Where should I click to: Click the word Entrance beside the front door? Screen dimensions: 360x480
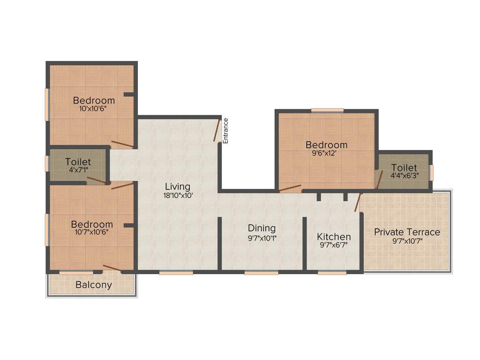[x=225, y=130]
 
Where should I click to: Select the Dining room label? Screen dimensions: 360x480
[x=262, y=228]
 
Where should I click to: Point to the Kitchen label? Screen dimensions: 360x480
[x=334, y=236]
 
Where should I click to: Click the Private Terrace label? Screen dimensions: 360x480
[x=407, y=232]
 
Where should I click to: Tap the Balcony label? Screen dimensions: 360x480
[x=94, y=285]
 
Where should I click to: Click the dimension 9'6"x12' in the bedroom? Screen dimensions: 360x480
[x=326, y=153]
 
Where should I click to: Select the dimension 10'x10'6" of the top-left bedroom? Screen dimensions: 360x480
[x=94, y=109]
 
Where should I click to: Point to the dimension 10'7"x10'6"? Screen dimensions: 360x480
[x=92, y=232]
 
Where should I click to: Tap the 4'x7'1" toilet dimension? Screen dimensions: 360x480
[x=78, y=171]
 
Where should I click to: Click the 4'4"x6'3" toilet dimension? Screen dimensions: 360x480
[x=404, y=176]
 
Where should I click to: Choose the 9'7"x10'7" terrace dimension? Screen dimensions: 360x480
[x=407, y=241]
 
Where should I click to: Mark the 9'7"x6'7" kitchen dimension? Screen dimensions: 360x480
[x=334, y=245]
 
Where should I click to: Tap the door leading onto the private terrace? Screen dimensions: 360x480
[x=358, y=202]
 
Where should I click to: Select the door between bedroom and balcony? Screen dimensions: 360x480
[x=112, y=268]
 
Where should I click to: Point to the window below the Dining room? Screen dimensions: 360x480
[x=261, y=272]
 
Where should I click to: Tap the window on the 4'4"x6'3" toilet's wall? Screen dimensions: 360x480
[x=432, y=172]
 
